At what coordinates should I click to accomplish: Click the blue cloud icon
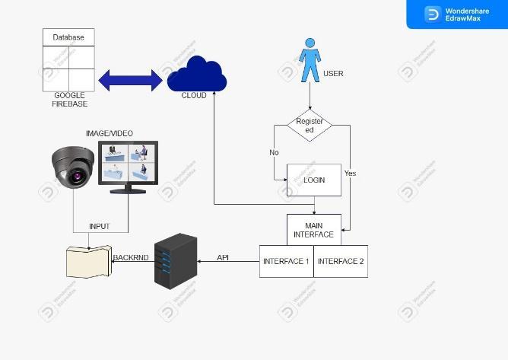click(x=196, y=74)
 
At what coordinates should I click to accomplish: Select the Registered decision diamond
click(x=310, y=126)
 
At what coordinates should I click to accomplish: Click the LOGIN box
click(x=313, y=180)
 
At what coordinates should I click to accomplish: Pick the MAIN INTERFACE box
click(x=313, y=230)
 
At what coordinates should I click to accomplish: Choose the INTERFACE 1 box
click(x=286, y=261)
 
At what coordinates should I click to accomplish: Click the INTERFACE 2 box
click(x=341, y=261)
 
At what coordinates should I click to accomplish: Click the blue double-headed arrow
click(x=130, y=78)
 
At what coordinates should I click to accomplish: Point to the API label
click(x=223, y=257)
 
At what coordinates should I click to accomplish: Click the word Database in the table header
click(x=68, y=37)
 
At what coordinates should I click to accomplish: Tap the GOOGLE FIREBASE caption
click(x=68, y=99)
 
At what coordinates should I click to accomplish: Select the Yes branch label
click(x=350, y=174)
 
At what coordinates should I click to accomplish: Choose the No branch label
click(x=274, y=152)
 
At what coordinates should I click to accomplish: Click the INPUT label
click(x=100, y=226)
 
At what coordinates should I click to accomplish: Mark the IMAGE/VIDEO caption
click(x=110, y=134)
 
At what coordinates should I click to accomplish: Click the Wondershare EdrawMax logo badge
click(x=456, y=14)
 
